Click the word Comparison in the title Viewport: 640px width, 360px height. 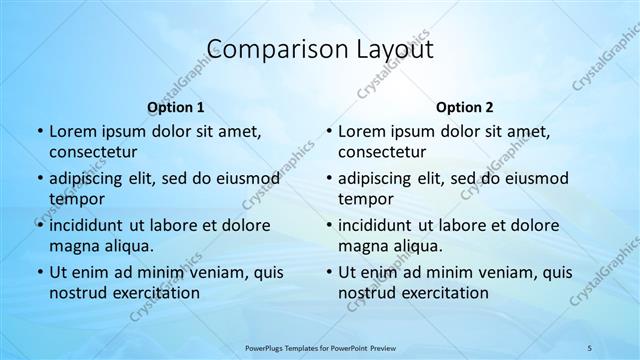[263, 50]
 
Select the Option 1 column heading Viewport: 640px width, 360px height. [176, 107]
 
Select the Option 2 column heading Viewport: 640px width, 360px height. [465, 107]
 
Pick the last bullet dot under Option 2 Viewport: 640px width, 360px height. [329, 272]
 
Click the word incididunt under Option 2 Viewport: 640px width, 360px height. [379, 225]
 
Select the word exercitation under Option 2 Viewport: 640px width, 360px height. [443, 293]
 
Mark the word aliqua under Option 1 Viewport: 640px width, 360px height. [125, 246]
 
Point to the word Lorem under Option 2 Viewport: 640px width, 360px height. [361, 131]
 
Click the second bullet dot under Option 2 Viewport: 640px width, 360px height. [329, 178]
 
